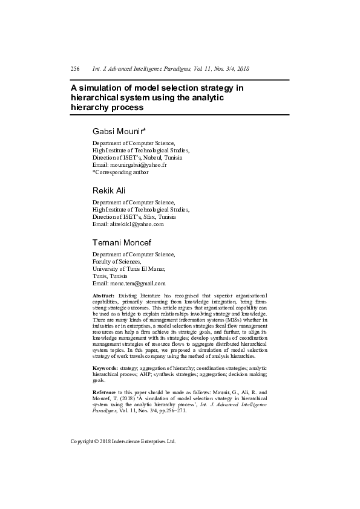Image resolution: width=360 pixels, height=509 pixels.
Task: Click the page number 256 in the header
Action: (76, 70)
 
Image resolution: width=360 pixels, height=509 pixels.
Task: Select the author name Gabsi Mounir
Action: (116, 131)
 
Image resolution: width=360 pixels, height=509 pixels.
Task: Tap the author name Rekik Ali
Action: (109, 190)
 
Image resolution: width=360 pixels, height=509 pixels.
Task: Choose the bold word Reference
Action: (105, 392)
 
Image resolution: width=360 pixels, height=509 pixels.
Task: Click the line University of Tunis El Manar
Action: (128, 268)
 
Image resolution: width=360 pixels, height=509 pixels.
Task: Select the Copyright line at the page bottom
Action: (123, 441)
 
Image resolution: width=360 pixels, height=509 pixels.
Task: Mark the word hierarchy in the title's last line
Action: (91, 108)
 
